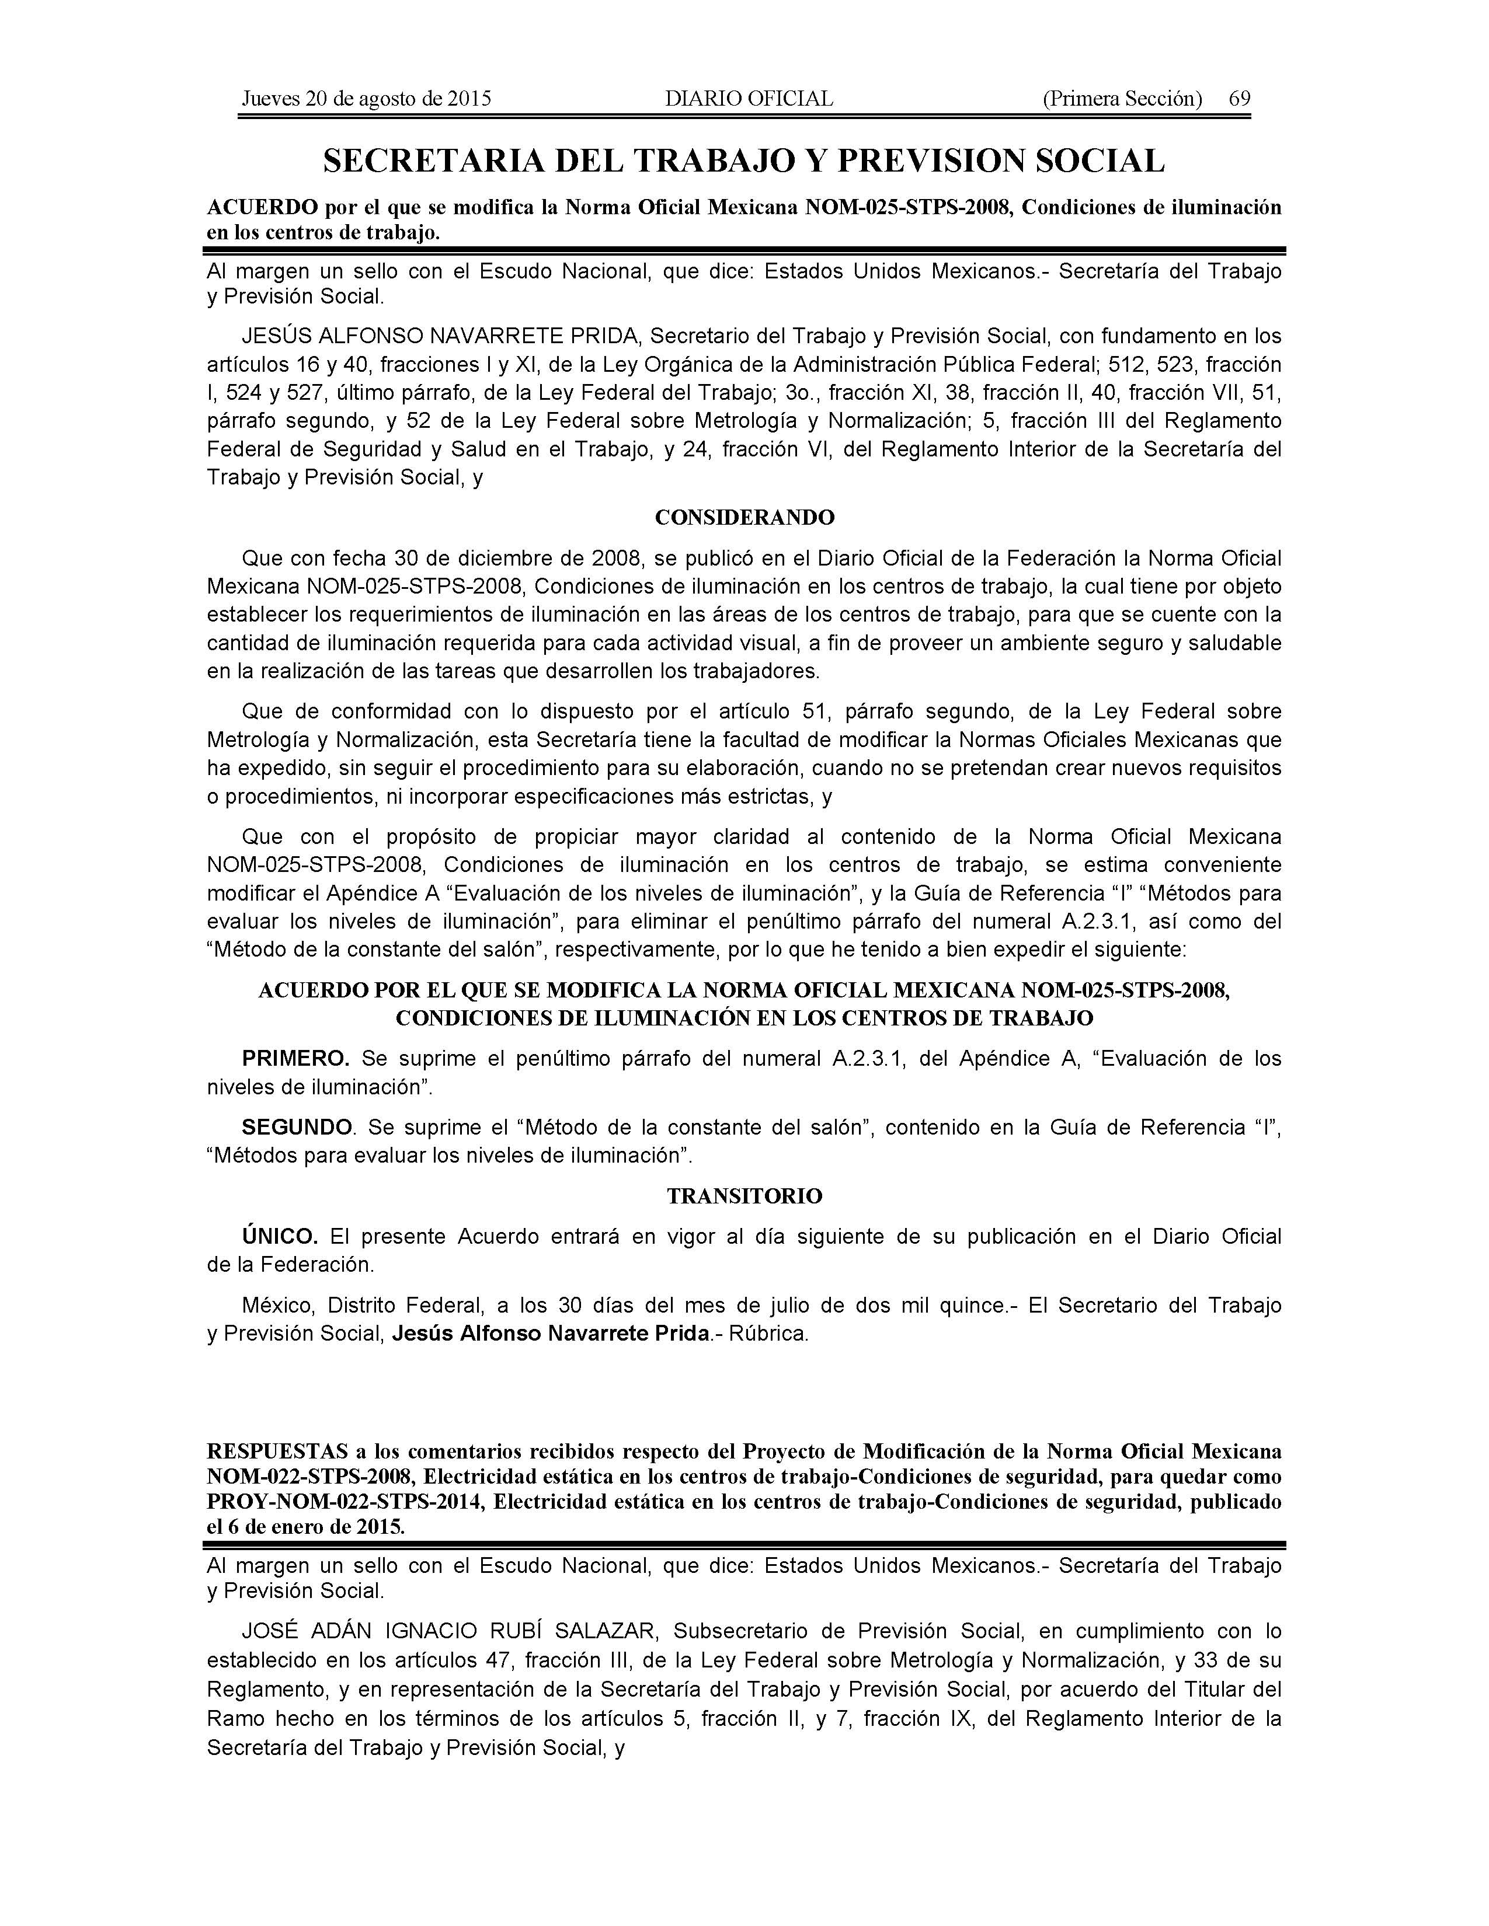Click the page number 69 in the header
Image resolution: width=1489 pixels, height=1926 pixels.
click(x=1239, y=99)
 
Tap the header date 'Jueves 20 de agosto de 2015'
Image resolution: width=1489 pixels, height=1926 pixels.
click(x=366, y=99)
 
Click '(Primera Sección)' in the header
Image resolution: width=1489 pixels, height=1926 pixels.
click(x=1122, y=99)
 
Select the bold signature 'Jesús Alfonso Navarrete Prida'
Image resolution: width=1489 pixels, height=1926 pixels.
click(x=551, y=1334)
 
